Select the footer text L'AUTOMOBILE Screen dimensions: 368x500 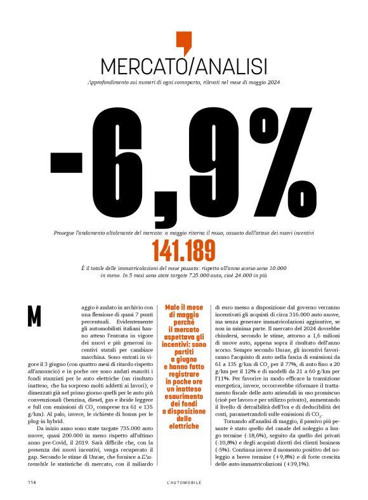tap(183, 483)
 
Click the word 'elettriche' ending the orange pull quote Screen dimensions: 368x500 tap(184, 426)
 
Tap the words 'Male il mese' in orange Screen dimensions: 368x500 tap(184, 307)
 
